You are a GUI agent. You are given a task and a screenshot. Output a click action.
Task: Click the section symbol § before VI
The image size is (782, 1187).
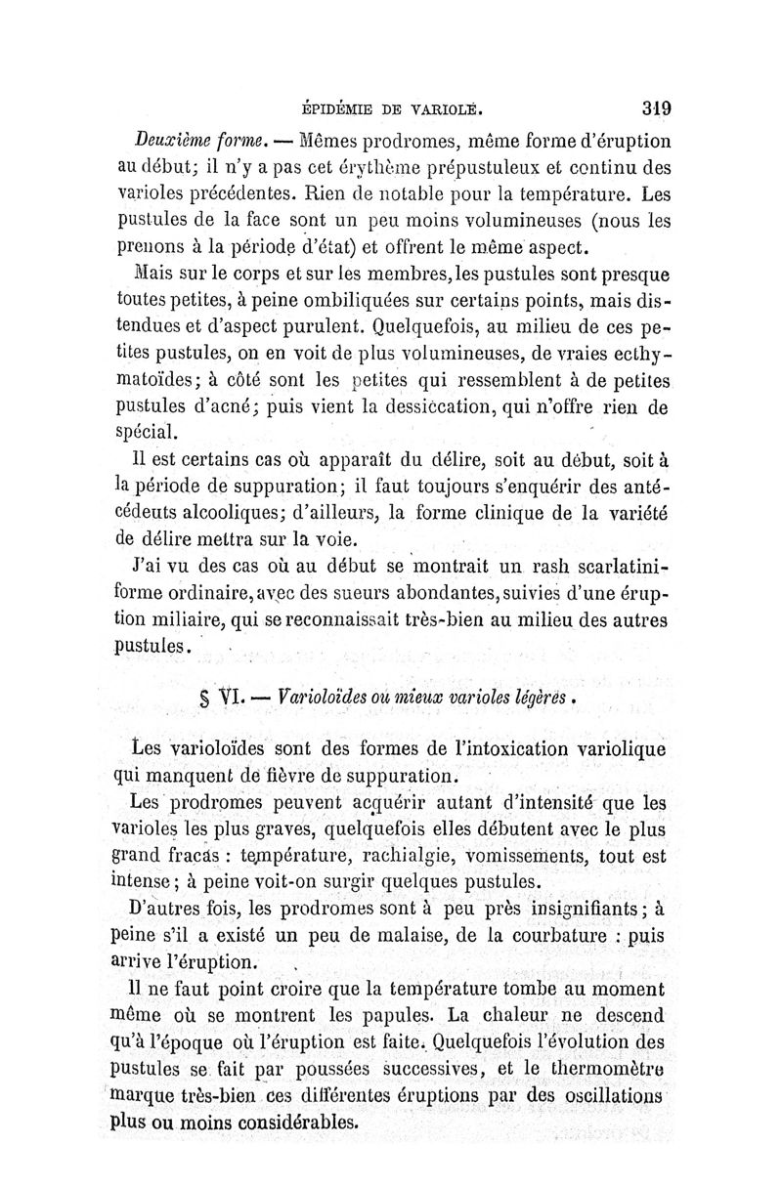203,699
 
